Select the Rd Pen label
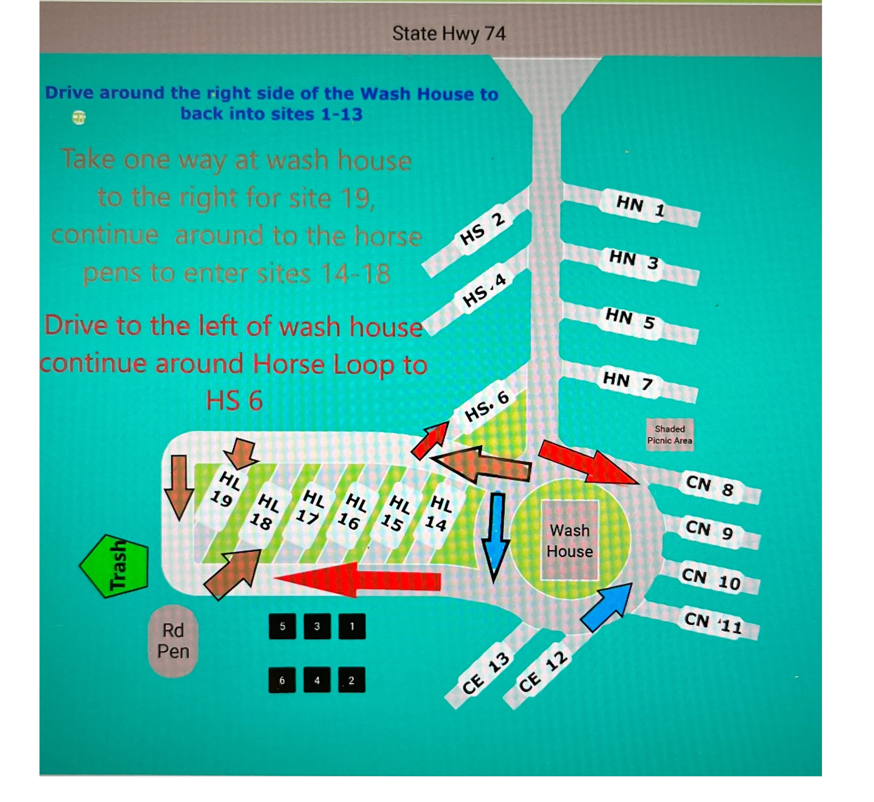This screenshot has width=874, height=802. click(173, 641)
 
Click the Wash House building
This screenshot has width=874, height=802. click(570, 540)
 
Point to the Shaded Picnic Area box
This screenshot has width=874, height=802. click(669, 434)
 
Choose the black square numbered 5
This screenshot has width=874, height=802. click(282, 626)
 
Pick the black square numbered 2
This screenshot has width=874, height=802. click(352, 680)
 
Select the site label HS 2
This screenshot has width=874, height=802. click(482, 229)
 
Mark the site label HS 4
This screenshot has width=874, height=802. click(484, 290)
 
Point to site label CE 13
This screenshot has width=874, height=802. click(485, 673)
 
